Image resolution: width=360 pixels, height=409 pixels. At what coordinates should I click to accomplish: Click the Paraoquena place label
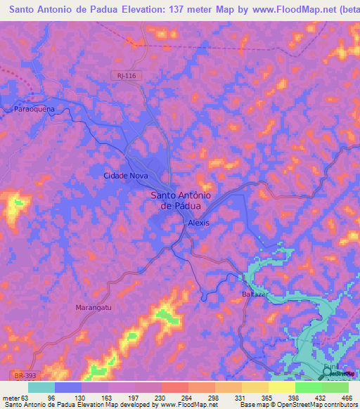point(34,110)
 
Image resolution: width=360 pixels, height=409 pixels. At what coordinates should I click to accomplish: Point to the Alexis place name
point(199,222)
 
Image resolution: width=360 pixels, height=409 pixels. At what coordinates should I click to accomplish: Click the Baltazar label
point(256,293)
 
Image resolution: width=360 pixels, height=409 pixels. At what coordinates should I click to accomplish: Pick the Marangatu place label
point(94,307)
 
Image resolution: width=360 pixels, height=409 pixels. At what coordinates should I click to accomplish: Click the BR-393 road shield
point(22,375)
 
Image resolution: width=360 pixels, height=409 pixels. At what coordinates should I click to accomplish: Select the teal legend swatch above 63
point(41,387)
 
